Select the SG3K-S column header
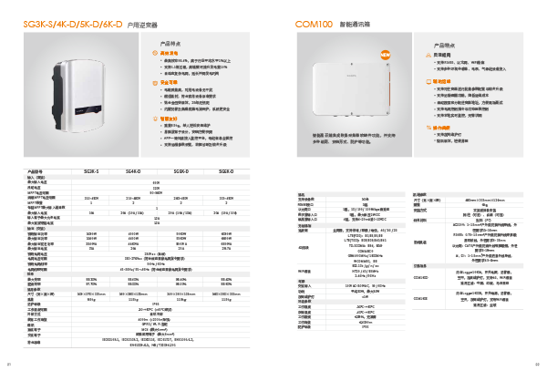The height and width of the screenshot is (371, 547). coord(92,170)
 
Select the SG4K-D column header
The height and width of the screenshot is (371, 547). coord(133,170)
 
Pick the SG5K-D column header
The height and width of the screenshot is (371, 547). coord(181,170)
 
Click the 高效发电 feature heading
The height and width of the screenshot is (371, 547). coord(169,52)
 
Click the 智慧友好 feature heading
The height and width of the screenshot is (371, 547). coord(169,119)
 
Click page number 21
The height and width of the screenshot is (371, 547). coord(9,365)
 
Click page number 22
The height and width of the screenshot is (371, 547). coord(538,365)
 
